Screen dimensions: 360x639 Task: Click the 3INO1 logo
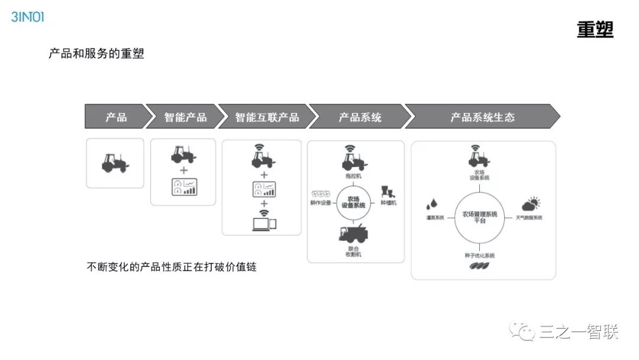coord(28,17)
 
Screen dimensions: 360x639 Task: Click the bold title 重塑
coord(595,29)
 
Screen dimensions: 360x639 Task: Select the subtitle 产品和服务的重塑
coord(96,54)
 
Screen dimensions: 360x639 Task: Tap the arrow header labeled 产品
coord(115,117)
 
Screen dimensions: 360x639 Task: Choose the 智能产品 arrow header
coord(185,117)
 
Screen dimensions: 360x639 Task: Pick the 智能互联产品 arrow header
coord(267,117)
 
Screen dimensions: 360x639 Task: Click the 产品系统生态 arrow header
coord(482,117)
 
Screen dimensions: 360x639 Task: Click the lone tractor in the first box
coord(115,163)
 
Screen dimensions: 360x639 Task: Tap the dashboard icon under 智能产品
coord(183,188)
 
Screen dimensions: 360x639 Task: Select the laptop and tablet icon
coord(264,224)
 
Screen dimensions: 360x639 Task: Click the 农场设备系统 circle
coord(353,202)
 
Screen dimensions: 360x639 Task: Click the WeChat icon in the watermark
coord(522,332)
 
